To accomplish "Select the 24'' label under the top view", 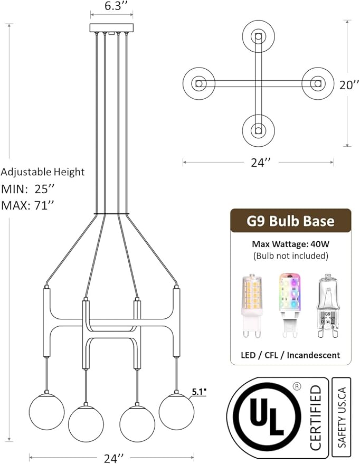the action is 261,162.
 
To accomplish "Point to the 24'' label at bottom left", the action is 113,458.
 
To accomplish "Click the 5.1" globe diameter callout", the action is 199,392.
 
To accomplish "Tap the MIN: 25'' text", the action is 28,189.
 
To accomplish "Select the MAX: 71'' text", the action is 28,205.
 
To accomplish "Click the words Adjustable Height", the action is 43,172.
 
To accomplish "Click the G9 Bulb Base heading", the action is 290,221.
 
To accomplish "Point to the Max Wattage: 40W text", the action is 290,244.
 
